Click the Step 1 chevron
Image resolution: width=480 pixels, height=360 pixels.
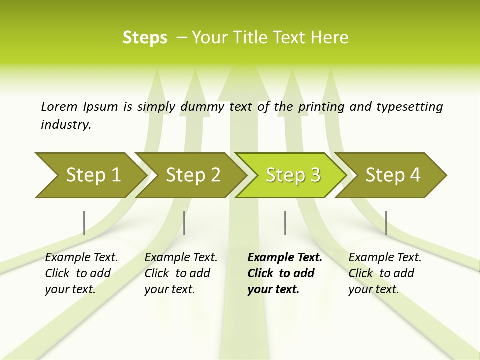90,175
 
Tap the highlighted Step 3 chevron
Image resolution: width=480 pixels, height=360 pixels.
292,175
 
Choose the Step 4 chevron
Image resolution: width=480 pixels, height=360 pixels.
392,175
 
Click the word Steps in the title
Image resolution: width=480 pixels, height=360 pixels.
145,38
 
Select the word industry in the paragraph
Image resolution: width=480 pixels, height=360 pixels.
65,125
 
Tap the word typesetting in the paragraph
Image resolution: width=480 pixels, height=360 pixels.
409,107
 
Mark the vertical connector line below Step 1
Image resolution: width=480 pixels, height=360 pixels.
84,223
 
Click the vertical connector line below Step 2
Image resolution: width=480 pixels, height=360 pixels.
184,223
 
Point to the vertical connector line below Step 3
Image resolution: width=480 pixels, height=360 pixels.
285,223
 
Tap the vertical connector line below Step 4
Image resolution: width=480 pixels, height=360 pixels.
386,223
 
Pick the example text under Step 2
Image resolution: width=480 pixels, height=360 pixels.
180,273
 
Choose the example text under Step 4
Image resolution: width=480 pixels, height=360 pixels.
384,273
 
